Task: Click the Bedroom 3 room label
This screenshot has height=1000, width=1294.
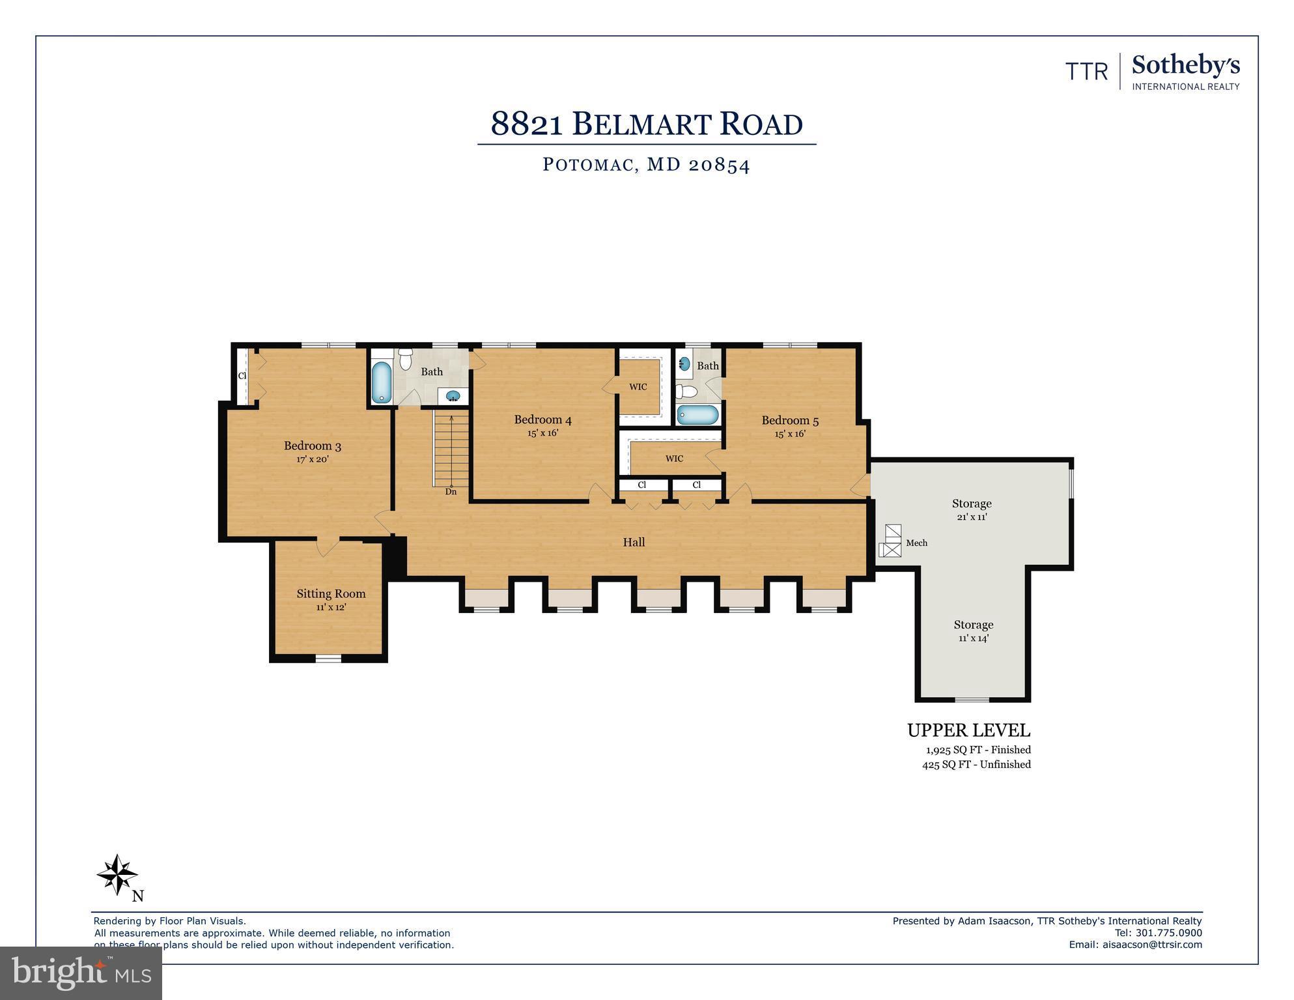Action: [312, 446]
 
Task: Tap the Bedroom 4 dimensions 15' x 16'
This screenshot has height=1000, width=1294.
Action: [542, 433]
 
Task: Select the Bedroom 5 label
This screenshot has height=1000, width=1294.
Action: [790, 421]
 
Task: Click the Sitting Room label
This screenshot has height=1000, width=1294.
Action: [331, 593]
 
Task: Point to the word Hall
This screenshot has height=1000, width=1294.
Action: [634, 542]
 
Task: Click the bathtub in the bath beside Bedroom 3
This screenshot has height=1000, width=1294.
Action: [381, 382]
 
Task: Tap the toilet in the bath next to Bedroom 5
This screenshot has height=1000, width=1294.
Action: [686, 392]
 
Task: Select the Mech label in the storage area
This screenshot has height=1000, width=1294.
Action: [916, 543]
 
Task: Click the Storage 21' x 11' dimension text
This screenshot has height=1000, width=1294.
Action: [972, 517]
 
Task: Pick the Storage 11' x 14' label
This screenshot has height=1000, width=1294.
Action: [974, 625]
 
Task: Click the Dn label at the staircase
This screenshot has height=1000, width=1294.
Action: [451, 492]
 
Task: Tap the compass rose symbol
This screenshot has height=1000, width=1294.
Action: [117, 874]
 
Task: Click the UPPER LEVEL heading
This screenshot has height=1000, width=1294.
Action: [968, 730]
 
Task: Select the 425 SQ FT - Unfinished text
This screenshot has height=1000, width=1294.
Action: [976, 765]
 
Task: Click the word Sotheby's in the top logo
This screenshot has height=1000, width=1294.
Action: [1185, 66]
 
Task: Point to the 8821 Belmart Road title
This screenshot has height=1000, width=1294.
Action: [646, 124]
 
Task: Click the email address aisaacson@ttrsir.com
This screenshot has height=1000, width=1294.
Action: [1152, 945]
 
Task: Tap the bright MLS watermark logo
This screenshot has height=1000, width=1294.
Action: [81, 973]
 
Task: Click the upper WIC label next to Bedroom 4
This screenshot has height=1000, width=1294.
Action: [638, 387]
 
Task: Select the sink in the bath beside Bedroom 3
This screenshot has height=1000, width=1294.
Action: [453, 395]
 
